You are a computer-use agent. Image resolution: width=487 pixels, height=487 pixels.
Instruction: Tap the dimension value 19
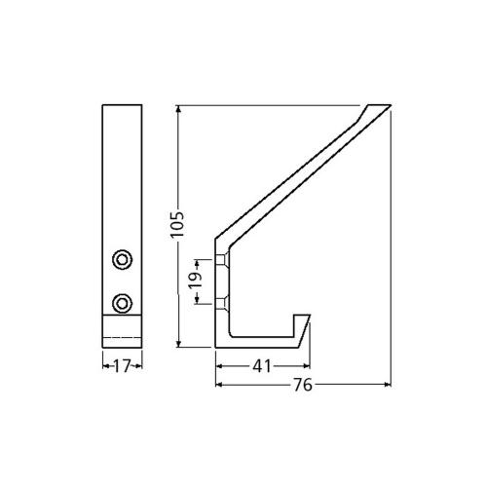(x=193, y=281)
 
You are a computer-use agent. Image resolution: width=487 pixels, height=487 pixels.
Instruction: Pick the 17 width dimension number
(x=123, y=367)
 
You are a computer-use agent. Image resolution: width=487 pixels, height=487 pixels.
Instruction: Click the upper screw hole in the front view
(x=122, y=259)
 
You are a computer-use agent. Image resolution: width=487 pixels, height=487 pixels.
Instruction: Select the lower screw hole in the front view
(x=122, y=302)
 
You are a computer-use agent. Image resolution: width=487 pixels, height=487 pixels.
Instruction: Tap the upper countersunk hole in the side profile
(x=223, y=259)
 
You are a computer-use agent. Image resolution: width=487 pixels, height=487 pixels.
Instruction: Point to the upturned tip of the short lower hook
(x=308, y=318)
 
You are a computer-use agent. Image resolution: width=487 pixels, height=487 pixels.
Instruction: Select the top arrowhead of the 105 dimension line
(x=179, y=106)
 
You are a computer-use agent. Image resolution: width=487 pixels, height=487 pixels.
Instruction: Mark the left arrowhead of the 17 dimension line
(x=105, y=367)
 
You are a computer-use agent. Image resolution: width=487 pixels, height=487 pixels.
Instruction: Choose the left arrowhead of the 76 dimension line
(x=218, y=385)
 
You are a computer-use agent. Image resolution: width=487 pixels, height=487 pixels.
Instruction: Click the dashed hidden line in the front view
(x=123, y=337)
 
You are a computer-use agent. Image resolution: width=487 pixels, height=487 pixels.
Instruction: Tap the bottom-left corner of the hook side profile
(x=216, y=346)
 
